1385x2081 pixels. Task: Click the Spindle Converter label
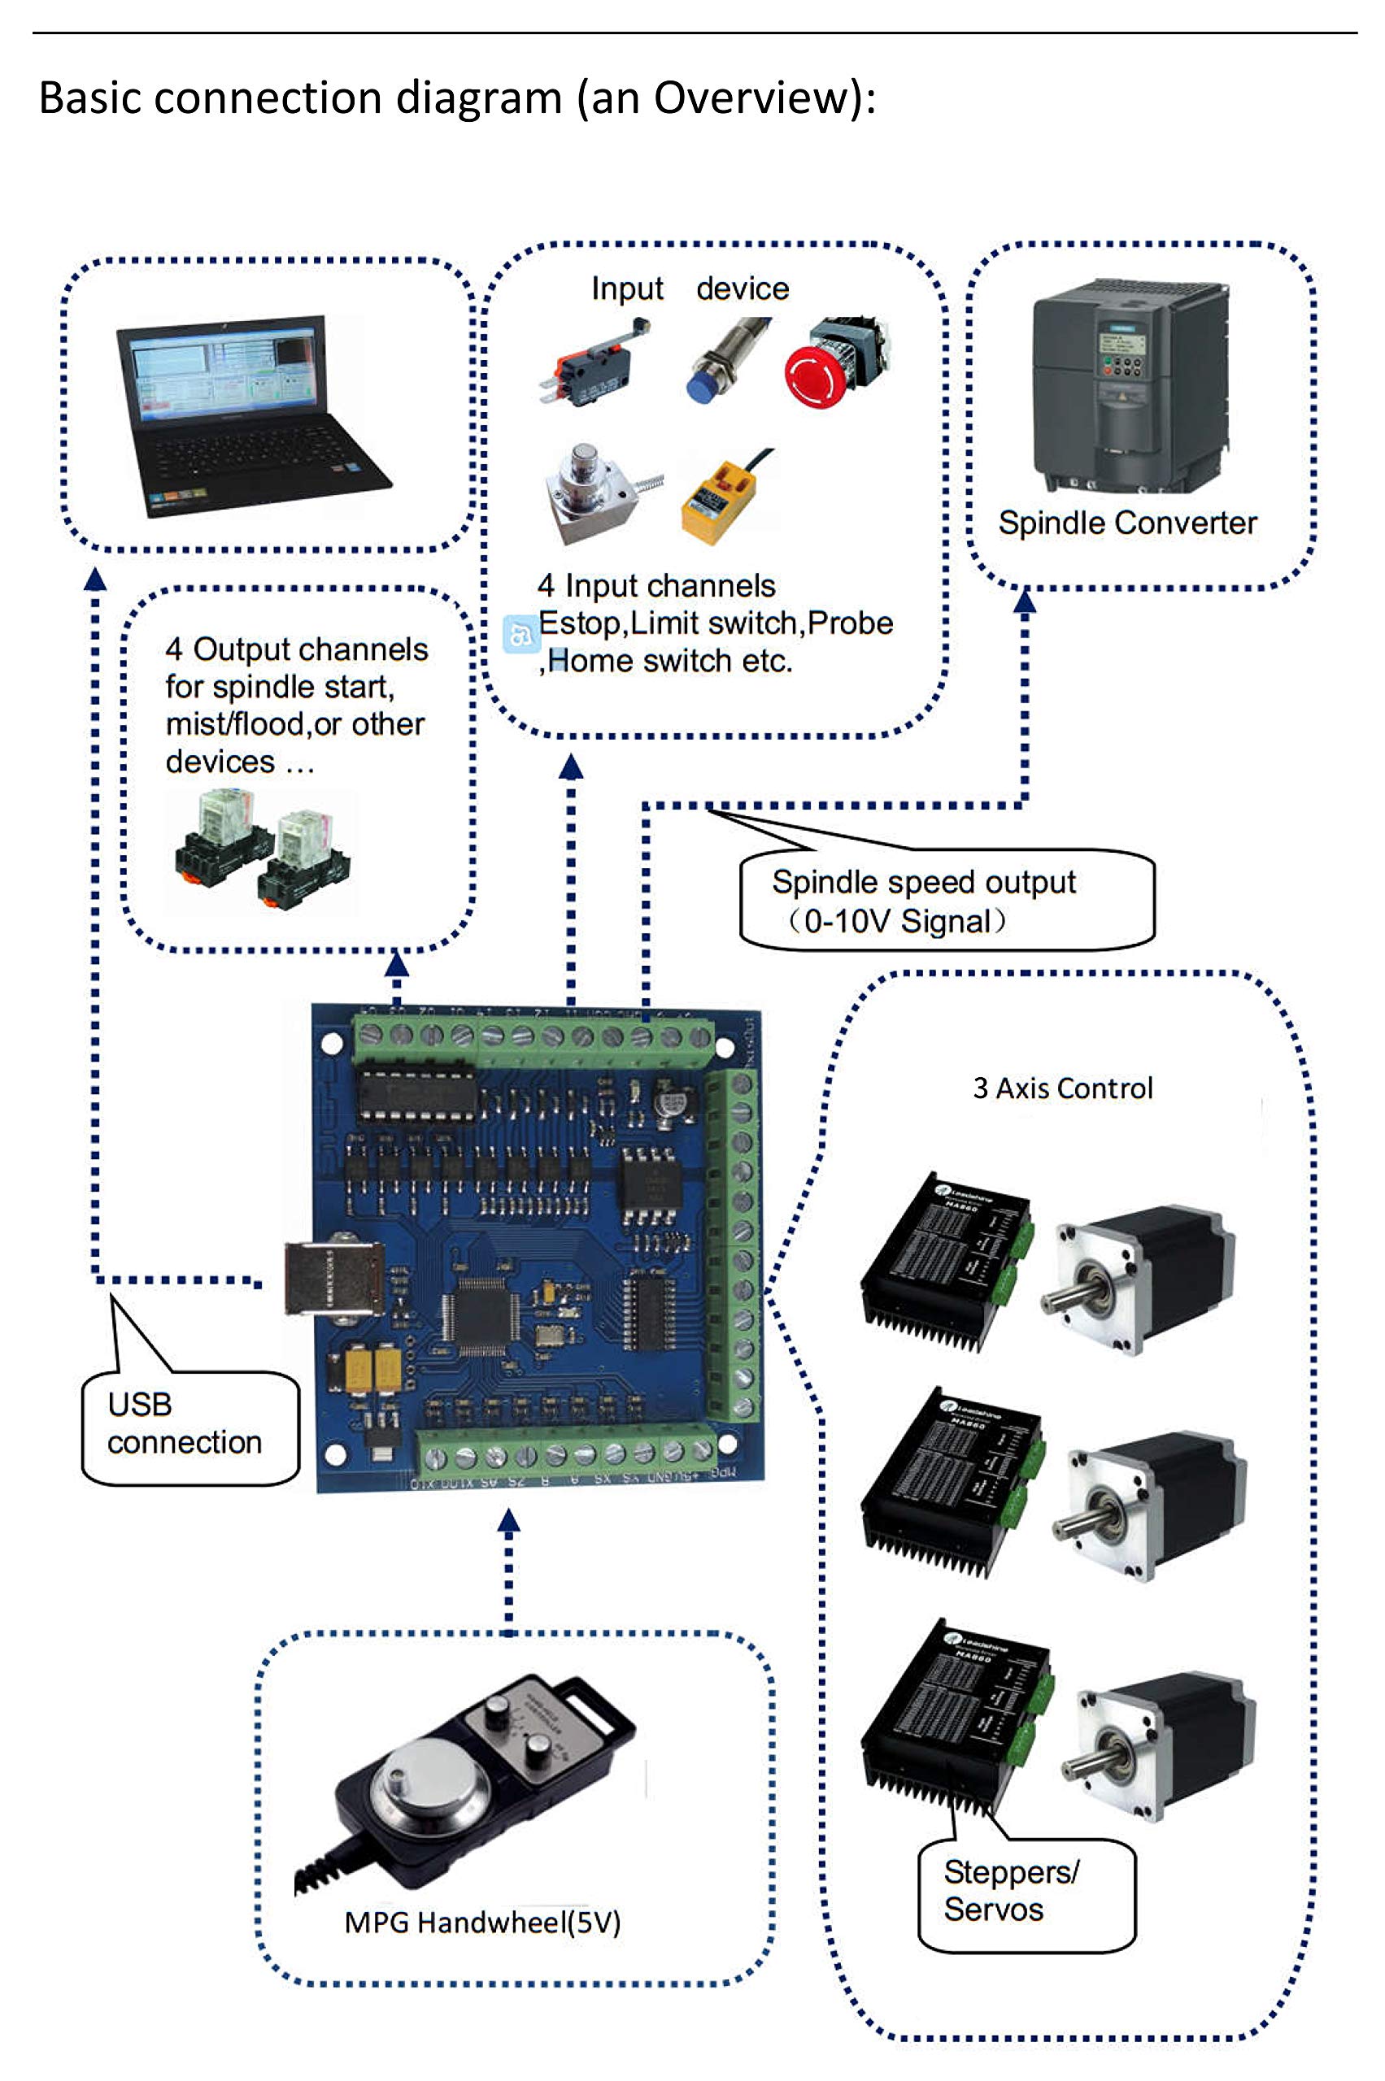click(1127, 523)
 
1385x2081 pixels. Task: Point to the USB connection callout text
click(185, 1423)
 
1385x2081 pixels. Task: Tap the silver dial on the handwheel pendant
click(413, 1776)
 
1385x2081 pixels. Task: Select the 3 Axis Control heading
click(1063, 1088)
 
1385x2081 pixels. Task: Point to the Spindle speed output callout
click(924, 901)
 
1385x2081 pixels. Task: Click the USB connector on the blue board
click(334, 1279)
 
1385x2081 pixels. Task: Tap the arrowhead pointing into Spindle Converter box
click(1025, 602)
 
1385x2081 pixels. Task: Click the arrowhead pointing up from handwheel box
click(509, 1519)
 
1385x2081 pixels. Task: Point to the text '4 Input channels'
click(656, 585)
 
